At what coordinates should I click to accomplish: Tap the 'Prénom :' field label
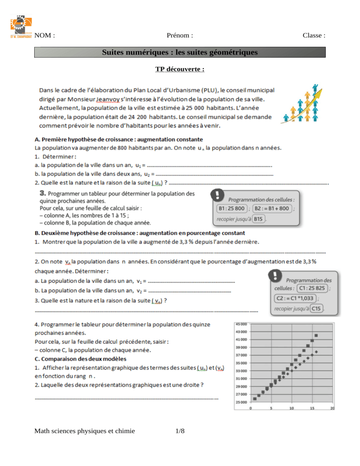point(180,36)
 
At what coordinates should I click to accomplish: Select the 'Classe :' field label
point(314,36)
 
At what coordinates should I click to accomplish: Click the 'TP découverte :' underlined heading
point(180,70)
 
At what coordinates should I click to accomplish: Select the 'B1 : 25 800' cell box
point(232,209)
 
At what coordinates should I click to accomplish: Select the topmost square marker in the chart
point(316,335)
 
